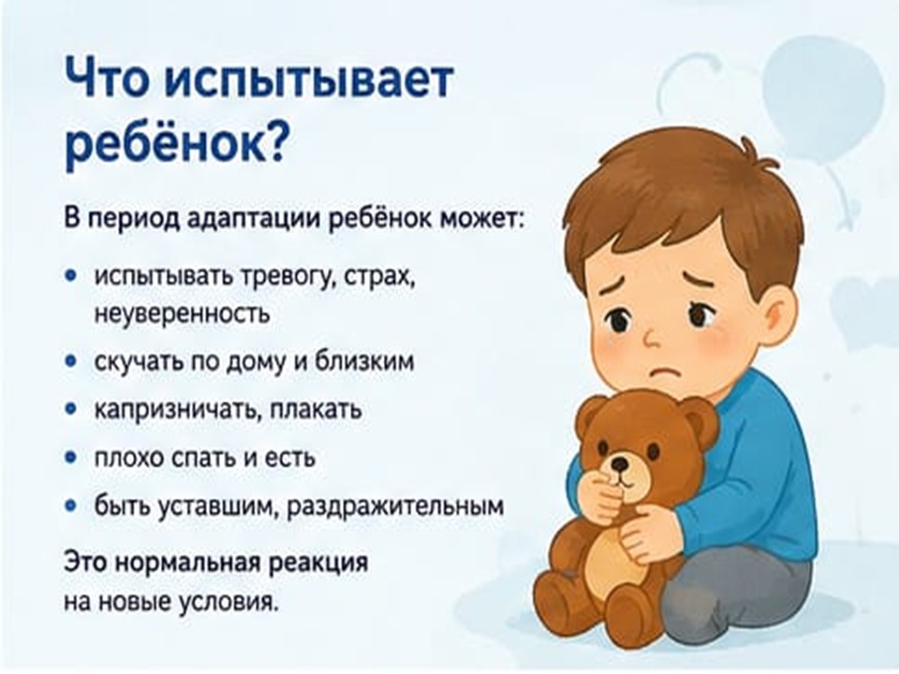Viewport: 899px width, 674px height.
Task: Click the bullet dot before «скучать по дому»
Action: point(71,361)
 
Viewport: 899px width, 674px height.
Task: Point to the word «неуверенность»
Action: point(182,314)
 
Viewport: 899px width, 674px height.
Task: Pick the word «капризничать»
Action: point(174,410)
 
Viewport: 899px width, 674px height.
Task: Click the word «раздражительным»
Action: point(395,506)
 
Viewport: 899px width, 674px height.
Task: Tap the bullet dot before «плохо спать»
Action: point(71,458)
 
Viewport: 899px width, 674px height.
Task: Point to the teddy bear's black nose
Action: point(619,463)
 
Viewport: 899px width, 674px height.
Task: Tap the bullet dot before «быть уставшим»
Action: point(71,506)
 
